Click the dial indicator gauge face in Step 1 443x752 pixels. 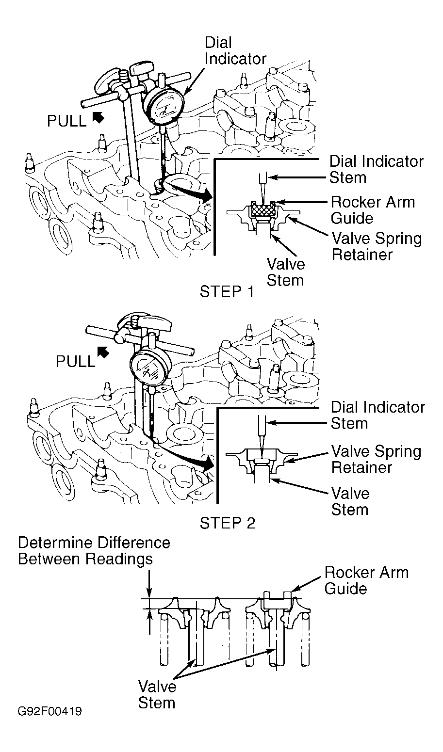164,106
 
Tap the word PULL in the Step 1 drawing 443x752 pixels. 67,121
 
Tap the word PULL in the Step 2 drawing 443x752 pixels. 76,362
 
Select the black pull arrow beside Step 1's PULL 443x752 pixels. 98,117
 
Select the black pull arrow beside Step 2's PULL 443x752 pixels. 103,352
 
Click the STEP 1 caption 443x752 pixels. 227,291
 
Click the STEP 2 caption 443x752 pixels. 228,523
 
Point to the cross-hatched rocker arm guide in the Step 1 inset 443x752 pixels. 263,209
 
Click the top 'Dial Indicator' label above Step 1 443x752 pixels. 235,51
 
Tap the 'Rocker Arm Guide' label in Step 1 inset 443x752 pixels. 373,210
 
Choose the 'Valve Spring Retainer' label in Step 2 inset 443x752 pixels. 376,459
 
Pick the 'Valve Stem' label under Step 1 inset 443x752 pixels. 285,272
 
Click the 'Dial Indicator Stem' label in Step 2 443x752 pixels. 378,415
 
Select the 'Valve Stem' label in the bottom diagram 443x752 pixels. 157,695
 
